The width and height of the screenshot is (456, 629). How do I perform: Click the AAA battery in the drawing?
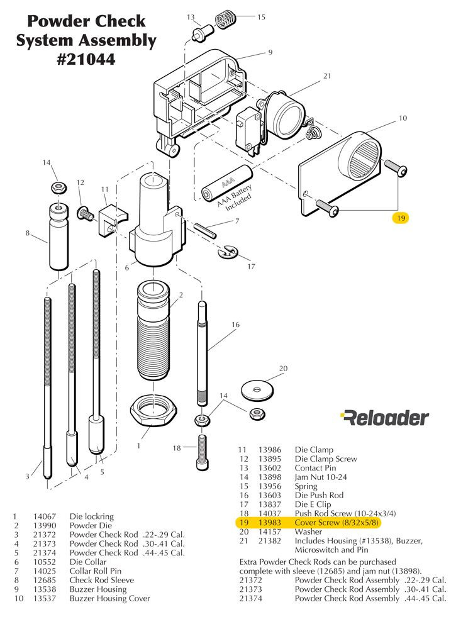226,182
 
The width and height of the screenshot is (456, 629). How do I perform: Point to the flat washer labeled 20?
258,389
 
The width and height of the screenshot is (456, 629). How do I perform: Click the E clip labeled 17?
228,252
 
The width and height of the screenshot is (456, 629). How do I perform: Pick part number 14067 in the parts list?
45,516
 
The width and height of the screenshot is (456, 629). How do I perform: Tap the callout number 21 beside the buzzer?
327,76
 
